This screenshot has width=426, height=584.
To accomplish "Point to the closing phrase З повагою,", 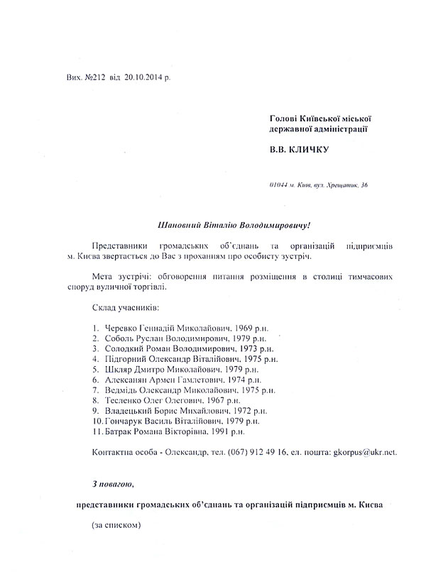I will [111, 507].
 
